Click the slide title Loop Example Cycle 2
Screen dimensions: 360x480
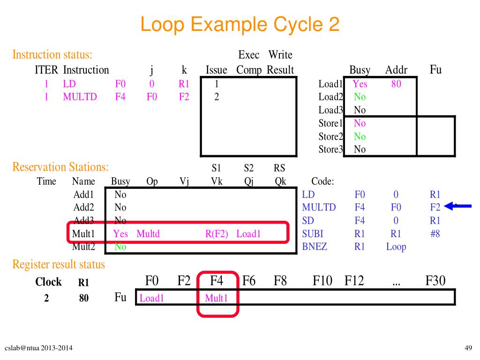240,24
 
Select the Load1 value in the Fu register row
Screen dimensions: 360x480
151,298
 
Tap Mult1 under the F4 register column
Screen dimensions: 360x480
216,298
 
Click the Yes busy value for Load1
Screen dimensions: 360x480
360,84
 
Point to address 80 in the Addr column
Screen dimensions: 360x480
396,84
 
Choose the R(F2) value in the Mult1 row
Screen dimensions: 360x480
217,233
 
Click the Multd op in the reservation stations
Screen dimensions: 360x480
148,233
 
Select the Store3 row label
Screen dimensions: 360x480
330,150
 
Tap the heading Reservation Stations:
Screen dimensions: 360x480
60,167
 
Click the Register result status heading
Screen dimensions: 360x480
59,265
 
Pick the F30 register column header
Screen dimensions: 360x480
435,281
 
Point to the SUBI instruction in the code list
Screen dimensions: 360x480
313,233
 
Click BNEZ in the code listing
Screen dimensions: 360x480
314,247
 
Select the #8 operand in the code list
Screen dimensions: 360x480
435,233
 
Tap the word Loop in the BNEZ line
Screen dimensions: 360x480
396,247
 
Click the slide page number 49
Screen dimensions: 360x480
468,347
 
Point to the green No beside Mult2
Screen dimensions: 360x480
120,247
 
